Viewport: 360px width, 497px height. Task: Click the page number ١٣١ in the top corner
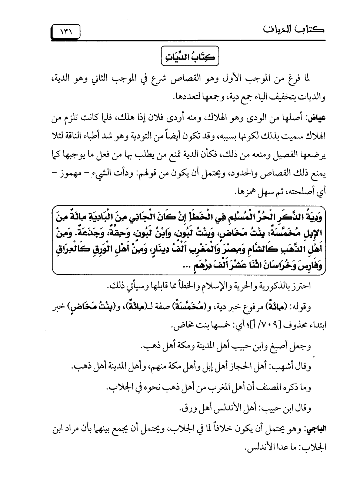[66, 31]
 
